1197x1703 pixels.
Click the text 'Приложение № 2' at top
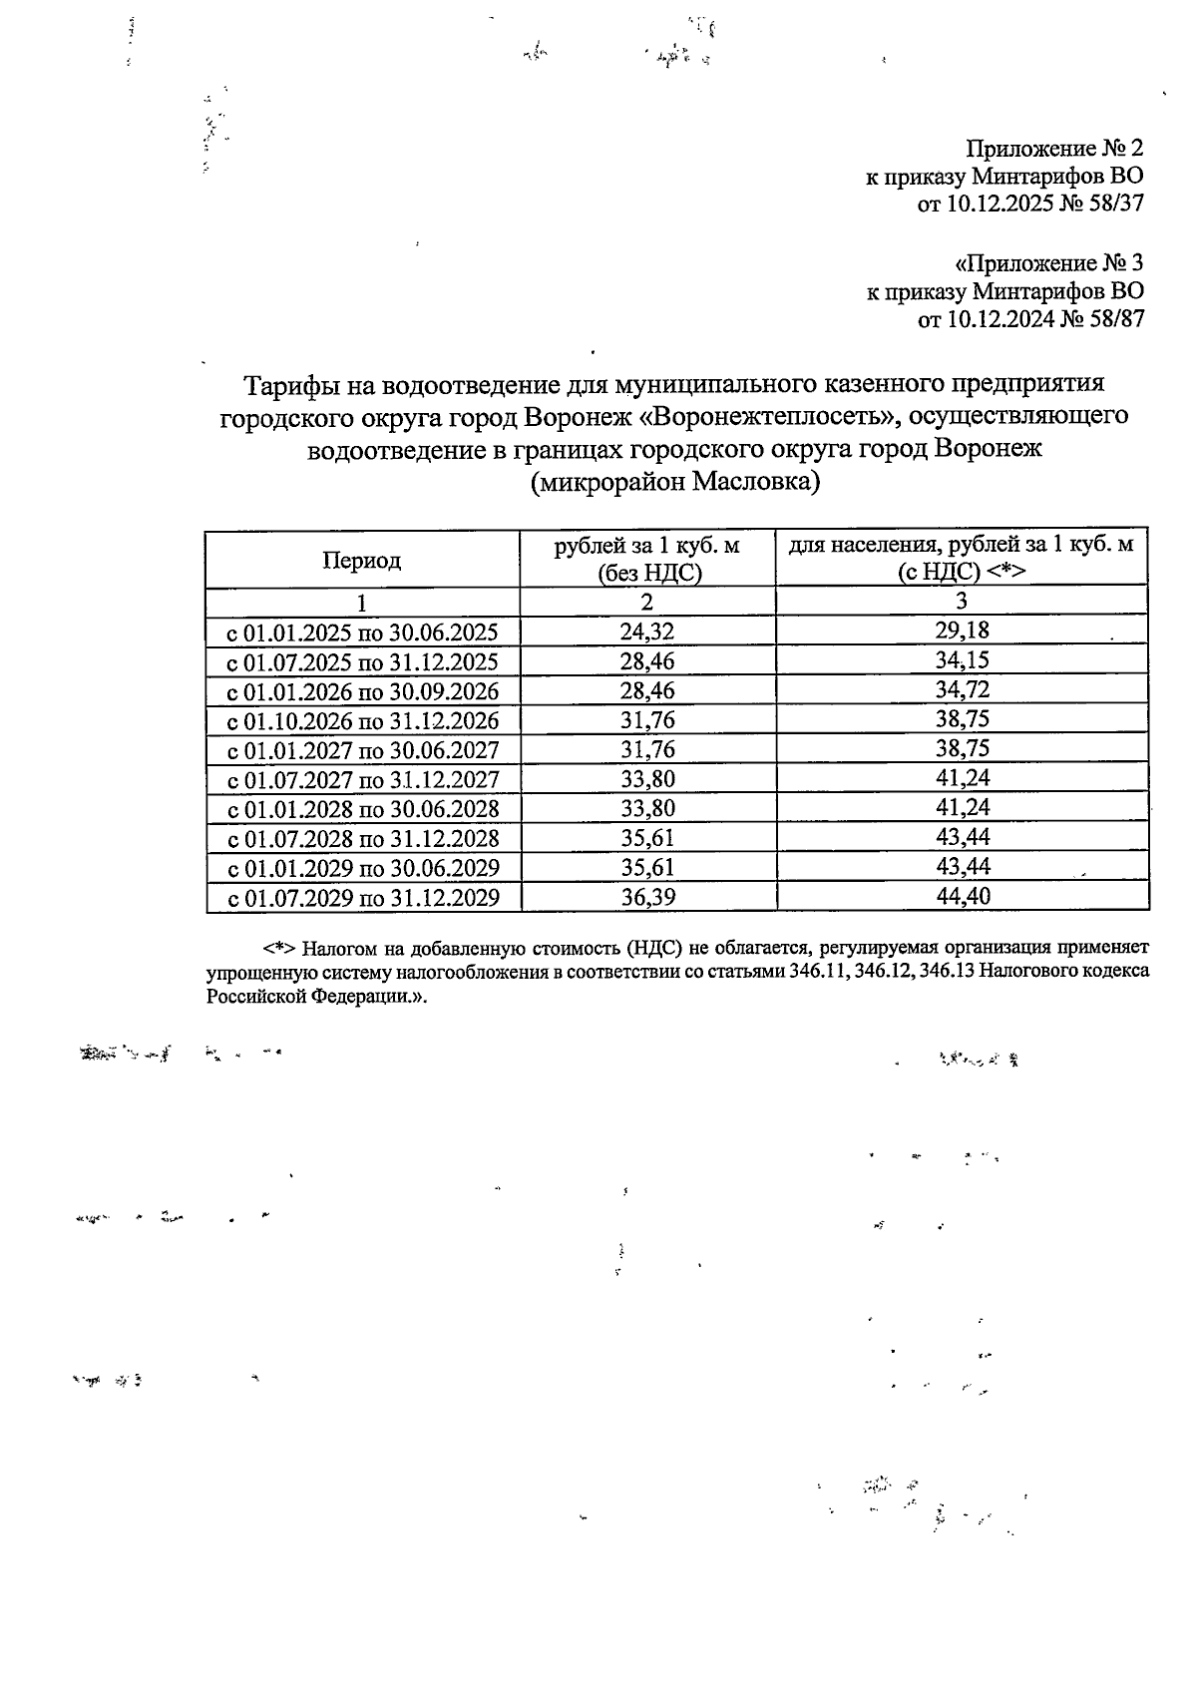[1055, 149]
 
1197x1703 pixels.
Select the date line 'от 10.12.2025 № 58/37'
[1030, 206]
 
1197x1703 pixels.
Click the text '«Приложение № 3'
[1049, 263]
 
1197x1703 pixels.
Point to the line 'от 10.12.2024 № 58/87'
[1030, 320]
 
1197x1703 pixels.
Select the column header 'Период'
[361, 561]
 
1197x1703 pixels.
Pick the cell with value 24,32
[647, 632]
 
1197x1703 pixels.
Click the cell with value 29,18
[962, 631]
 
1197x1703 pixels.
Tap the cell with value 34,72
[962, 689]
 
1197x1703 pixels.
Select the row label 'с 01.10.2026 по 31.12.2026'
[364, 721]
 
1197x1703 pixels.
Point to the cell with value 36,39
[647, 897]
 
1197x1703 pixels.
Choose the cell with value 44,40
[962, 896]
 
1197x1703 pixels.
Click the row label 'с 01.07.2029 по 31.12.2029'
[364, 898]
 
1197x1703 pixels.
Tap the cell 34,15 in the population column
[962, 660]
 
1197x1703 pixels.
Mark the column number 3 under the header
[962, 601]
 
